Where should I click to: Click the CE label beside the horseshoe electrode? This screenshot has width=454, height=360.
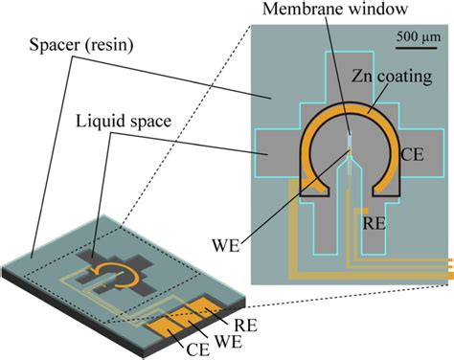420,151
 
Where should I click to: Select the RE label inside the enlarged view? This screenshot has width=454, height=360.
378,221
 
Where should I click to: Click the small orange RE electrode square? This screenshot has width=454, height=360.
361,210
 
